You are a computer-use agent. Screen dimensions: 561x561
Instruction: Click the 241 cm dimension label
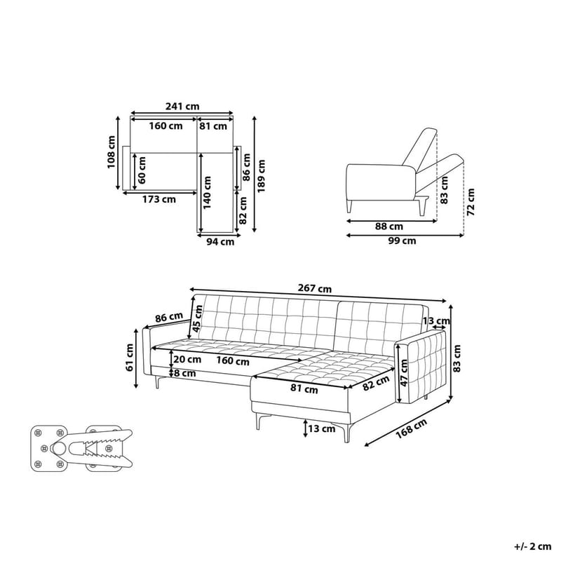pos(182,107)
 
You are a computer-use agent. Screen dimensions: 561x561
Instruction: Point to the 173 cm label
pos(158,199)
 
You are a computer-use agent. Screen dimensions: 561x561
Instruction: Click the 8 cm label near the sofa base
pos(186,373)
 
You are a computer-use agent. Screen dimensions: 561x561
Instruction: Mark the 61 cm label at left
pos(130,356)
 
